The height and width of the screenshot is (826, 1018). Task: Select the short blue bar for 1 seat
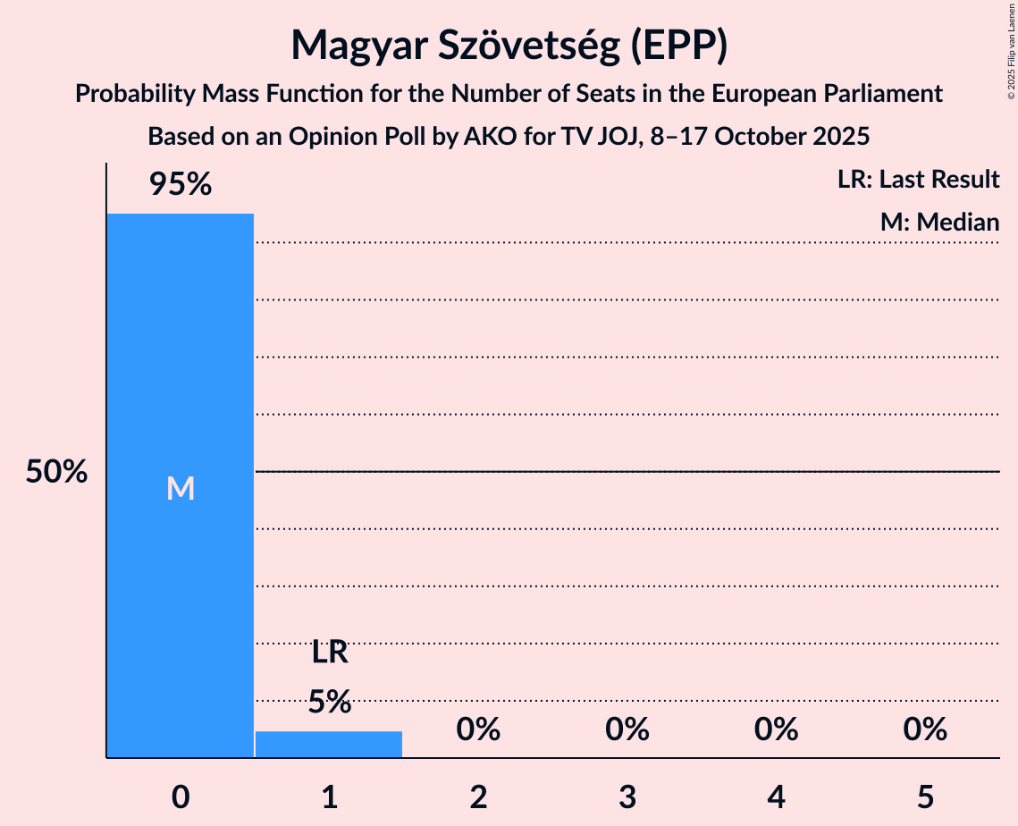(329, 745)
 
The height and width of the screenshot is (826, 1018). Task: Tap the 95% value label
(180, 185)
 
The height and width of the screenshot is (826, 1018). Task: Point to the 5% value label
(329, 702)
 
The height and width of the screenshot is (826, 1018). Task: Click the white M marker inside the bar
(180, 488)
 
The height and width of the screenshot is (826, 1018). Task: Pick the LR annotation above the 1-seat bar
(329, 653)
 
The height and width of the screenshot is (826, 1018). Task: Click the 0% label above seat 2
(478, 730)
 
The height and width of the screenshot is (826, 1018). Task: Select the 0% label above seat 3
(627, 730)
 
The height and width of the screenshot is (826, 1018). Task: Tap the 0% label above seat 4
(776, 730)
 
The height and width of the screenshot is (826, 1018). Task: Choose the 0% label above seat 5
(925, 730)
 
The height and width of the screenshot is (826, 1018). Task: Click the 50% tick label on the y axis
(56, 472)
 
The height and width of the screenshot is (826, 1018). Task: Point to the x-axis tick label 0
(180, 796)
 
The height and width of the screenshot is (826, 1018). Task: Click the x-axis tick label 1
(329, 796)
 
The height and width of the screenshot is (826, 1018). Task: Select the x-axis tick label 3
(627, 796)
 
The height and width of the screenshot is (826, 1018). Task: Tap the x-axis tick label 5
(925, 796)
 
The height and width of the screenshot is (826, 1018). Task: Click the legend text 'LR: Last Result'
(918, 180)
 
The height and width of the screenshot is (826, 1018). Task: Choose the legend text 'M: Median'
(939, 222)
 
